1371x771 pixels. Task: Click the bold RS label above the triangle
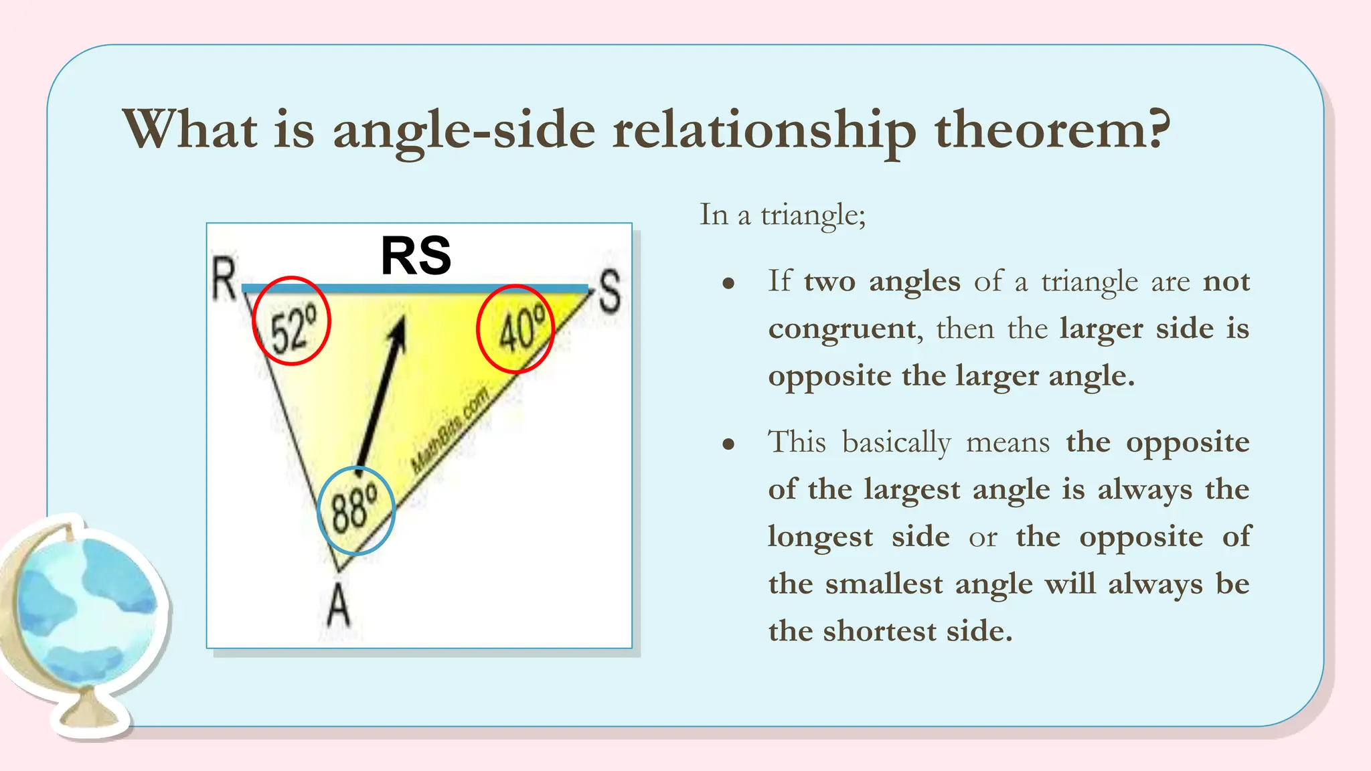click(416, 256)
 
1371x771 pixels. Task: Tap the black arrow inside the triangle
click(381, 395)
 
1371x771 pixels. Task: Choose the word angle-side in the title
click(464, 131)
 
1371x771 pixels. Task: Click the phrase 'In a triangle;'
click(783, 215)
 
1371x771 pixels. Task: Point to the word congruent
click(841, 329)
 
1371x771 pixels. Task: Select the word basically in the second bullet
click(896, 442)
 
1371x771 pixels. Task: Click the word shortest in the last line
click(880, 631)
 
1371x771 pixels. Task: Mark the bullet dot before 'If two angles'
click(728, 284)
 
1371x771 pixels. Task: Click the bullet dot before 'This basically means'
click(728, 444)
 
